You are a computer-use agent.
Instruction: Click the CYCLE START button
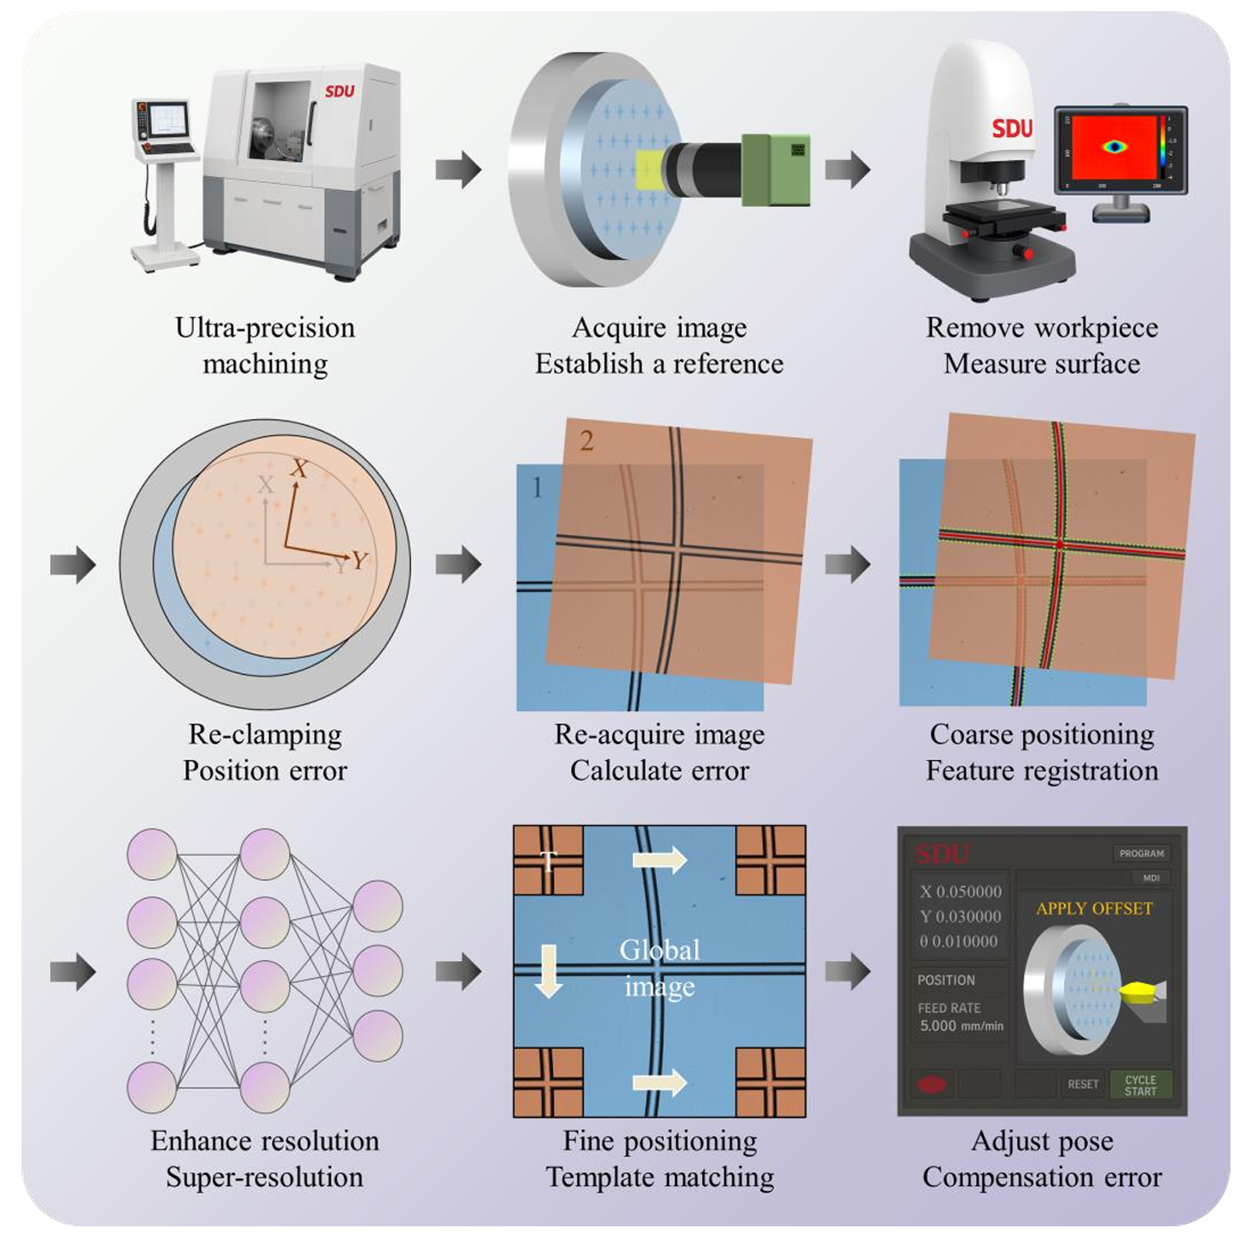click(x=1140, y=1084)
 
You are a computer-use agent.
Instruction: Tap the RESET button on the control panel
click(x=1082, y=1084)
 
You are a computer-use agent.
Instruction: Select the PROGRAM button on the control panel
click(x=1141, y=853)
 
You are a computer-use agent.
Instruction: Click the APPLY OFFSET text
click(x=1093, y=908)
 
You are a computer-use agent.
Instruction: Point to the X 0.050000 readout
click(x=961, y=892)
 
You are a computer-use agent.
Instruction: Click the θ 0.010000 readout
click(x=958, y=941)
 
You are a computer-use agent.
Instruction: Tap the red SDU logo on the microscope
click(x=1011, y=128)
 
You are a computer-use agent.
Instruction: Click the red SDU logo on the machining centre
click(x=340, y=90)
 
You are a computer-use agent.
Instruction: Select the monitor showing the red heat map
click(x=1120, y=151)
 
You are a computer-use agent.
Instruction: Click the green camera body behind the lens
click(x=776, y=170)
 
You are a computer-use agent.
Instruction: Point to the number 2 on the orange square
click(x=586, y=441)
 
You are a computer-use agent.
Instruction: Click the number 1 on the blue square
click(x=536, y=487)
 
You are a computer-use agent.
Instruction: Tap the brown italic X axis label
click(x=299, y=468)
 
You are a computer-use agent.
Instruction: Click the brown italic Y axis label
click(x=360, y=560)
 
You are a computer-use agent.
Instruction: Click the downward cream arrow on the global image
click(x=549, y=971)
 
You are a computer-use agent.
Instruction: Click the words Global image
click(x=660, y=969)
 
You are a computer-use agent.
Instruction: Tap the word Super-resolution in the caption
click(x=265, y=1176)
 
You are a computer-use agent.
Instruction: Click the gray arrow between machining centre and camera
click(x=458, y=170)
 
